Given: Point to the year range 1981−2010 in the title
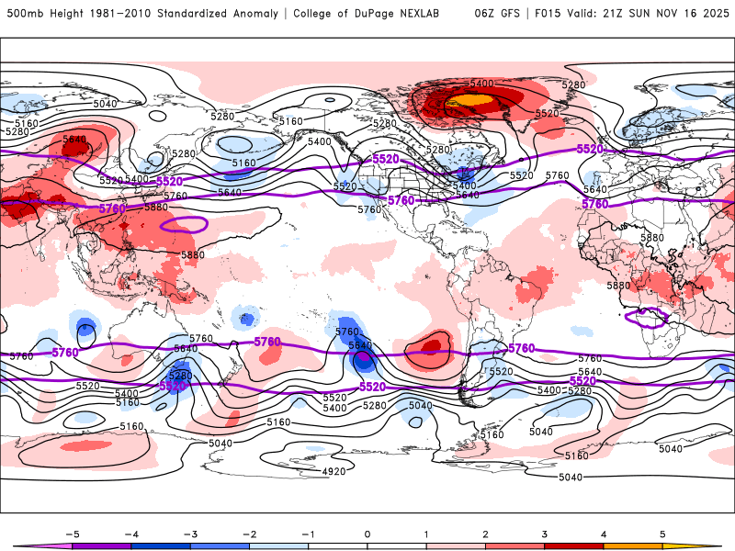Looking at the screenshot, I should [119, 14].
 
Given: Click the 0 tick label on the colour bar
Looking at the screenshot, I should [367, 533].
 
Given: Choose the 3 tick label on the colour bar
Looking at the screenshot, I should [545, 533].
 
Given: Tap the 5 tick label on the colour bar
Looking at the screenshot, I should [662, 533].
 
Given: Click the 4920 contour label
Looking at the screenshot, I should [335, 472].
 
